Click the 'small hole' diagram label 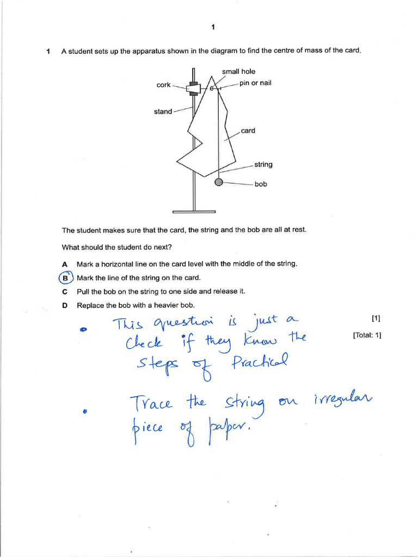click(238, 72)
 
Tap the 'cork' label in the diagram click(163, 85)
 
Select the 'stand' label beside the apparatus click(163, 112)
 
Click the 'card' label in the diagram click(248, 131)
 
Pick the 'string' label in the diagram click(263, 164)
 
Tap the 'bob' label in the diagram click(261, 184)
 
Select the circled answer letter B click(65, 278)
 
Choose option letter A click(65, 264)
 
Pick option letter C click(65, 292)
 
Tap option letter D click(65, 305)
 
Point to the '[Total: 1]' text click(367, 335)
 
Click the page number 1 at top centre click(213, 27)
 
